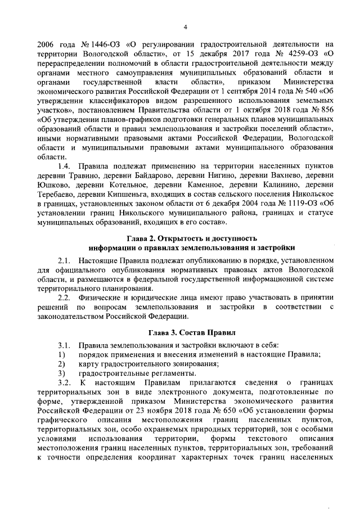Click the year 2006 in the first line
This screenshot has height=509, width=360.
point(46,44)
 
